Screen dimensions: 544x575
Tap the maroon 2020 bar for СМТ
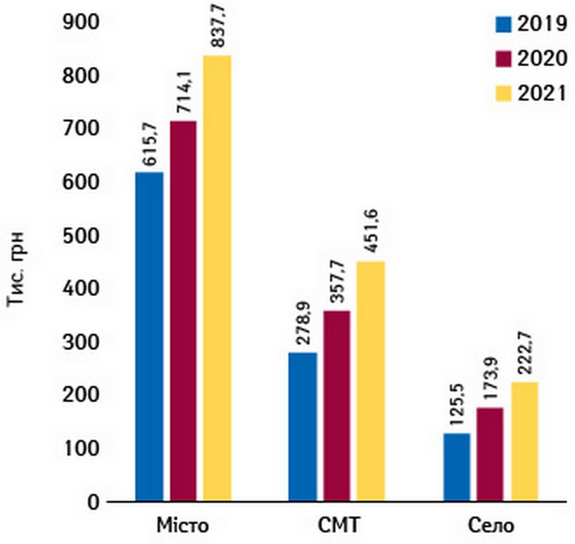coord(337,405)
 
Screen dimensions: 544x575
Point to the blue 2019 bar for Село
coord(458,467)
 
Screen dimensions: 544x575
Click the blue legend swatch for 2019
coord(503,26)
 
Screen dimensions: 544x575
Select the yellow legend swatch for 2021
coord(503,93)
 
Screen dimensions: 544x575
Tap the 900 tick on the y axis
coord(83,24)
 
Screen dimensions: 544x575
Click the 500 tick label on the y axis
coord(83,236)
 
